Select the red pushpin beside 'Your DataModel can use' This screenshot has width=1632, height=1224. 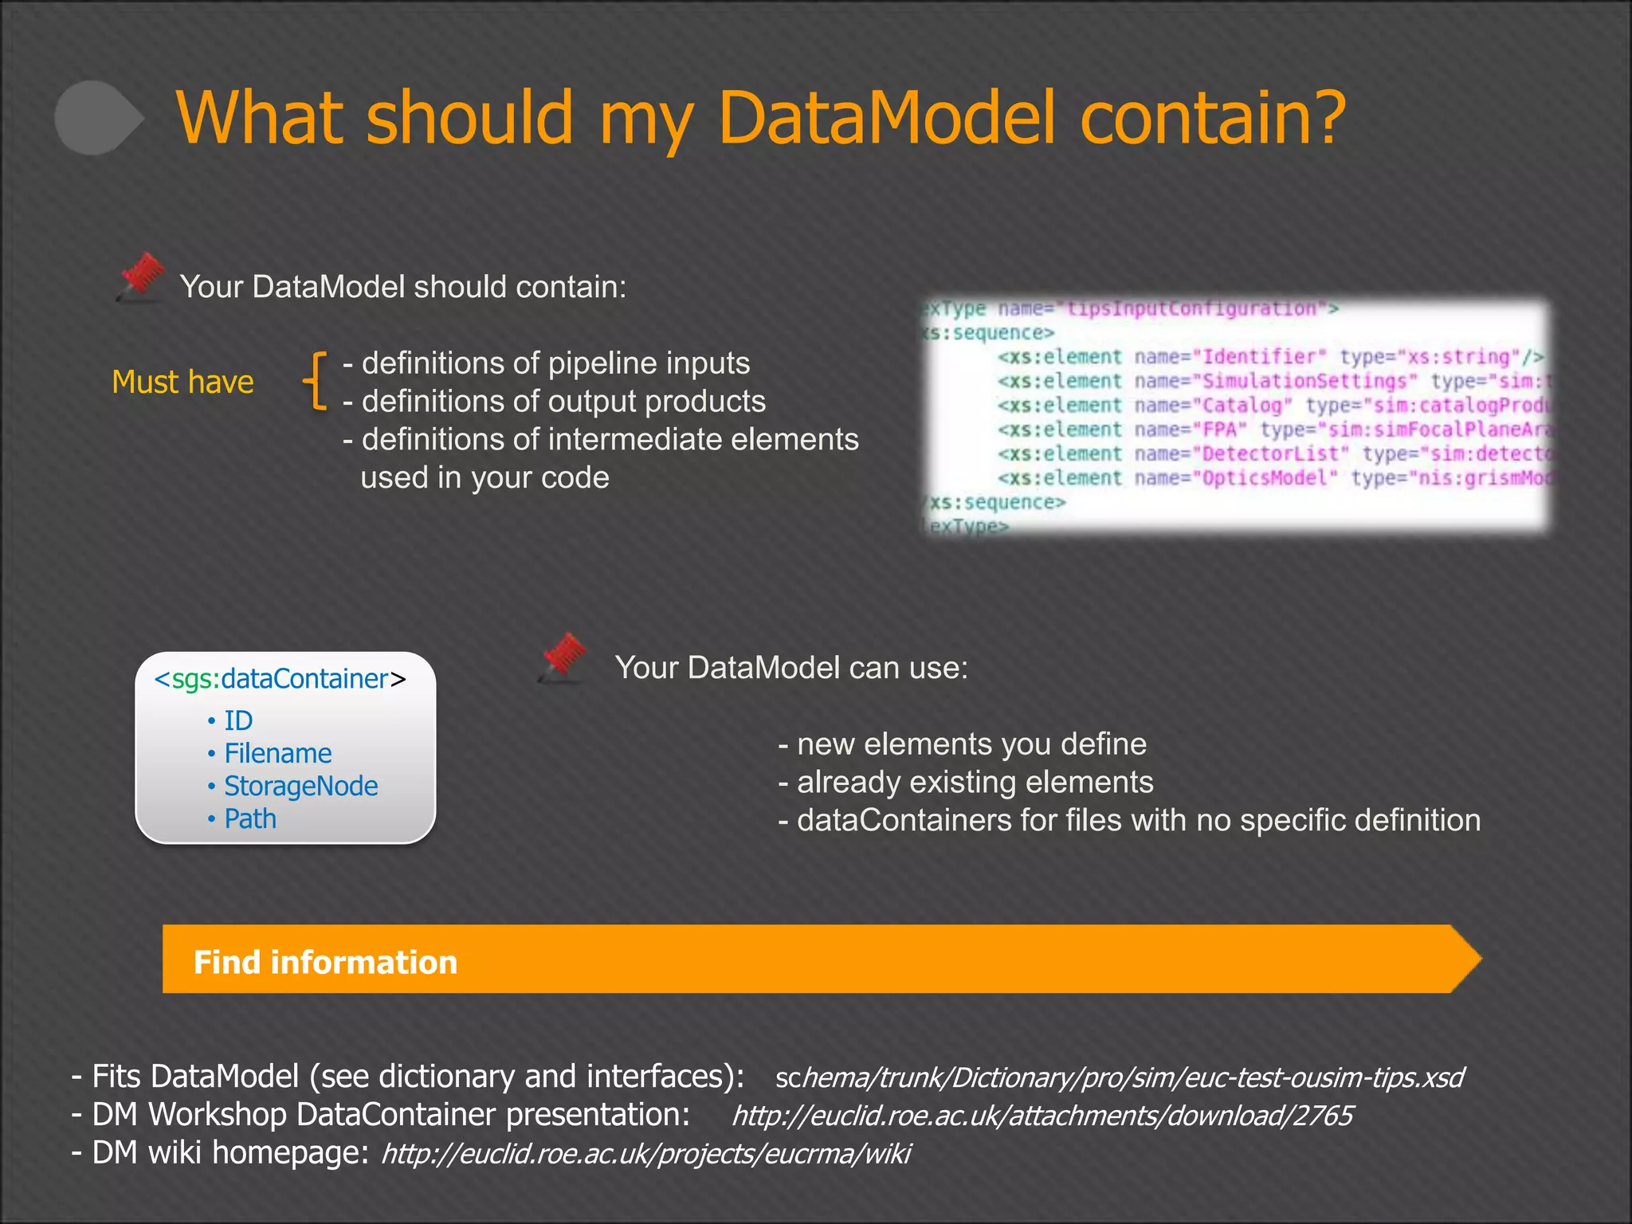pyautogui.click(x=563, y=658)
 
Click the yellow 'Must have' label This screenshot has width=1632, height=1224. pyautogui.click(x=182, y=382)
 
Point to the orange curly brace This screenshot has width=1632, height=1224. pyautogui.click(x=316, y=381)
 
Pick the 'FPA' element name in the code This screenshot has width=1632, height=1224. pyautogui.click(x=1219, y=430)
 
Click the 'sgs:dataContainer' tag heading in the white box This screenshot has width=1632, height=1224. pyautogui.click(x=280, y=679)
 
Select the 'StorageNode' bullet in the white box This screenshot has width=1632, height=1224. pyautogui.click(x=300, y=787)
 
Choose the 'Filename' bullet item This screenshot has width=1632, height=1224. pyautogui.click(x=277, y=754)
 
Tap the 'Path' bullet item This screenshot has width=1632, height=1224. pyautogui.click(x=250, y=819)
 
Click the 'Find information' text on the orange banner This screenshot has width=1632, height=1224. pyautogui.click(x=325, y=963)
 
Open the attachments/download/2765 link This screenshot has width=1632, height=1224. pyautogui.click(x=1042, y=1116)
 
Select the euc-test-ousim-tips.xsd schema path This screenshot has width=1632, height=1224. pyautogui.click(x=1119, y=1077)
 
